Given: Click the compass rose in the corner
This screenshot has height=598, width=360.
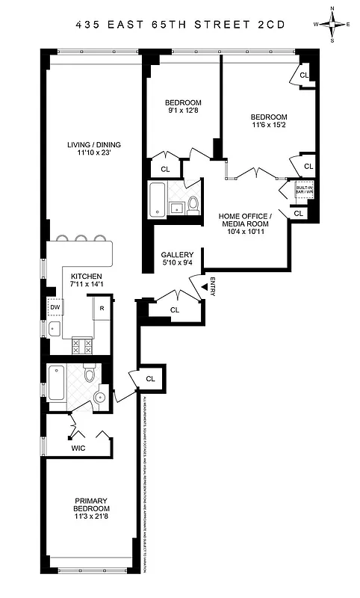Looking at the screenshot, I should coord(333,25).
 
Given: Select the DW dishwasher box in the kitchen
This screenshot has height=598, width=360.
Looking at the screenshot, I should coord(55,306).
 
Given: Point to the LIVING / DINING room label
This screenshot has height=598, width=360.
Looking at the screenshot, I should coord(93,149).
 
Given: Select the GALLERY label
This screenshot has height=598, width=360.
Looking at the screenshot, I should coord(177,258).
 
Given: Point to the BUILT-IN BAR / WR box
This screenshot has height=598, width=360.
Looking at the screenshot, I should coord(303,190).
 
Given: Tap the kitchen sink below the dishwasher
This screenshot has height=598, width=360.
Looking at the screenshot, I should coord(54,329).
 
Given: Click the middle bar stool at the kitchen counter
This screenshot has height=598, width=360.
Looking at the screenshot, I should coord(81,240).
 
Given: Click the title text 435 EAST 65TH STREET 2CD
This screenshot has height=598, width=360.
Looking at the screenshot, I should coord(180,24).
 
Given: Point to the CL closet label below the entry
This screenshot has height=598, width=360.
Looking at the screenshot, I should coord(175,309).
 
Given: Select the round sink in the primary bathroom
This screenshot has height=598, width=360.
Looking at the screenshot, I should coord(99,396).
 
